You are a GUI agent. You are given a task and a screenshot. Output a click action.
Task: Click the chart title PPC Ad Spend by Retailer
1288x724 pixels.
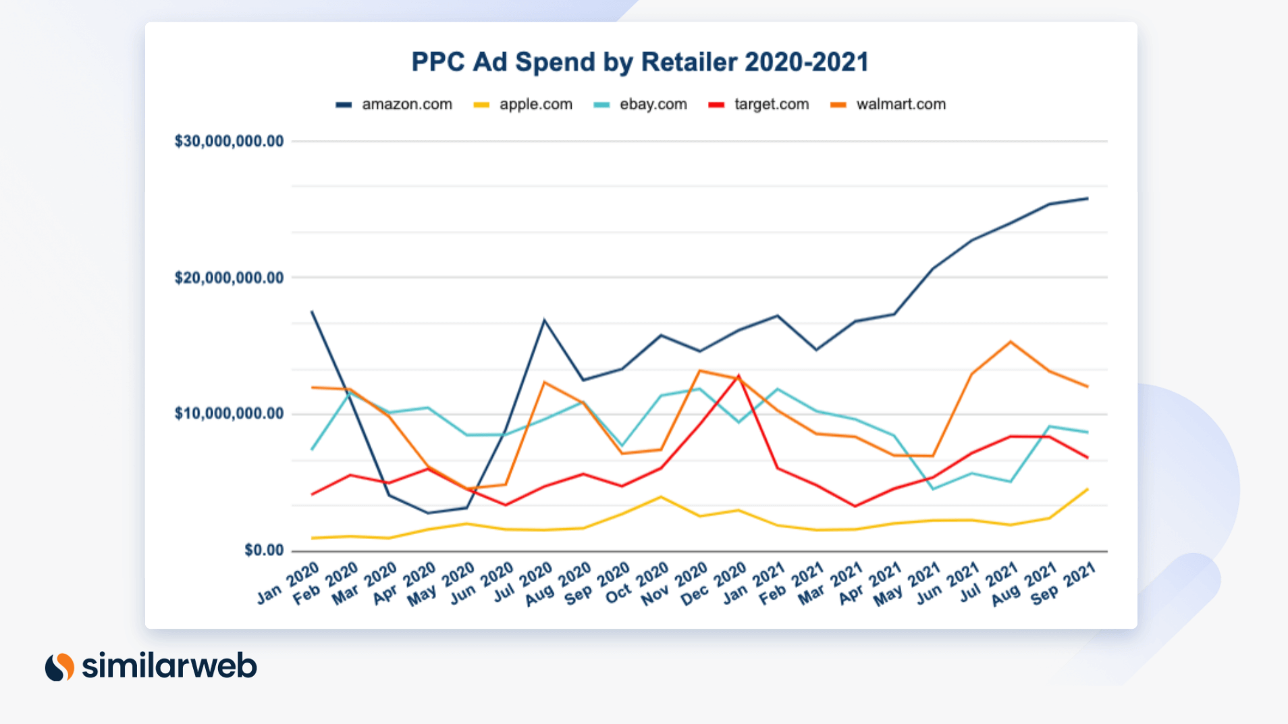pos(639,62)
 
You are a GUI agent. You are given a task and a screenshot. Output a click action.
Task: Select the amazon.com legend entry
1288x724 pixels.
pos(395,105)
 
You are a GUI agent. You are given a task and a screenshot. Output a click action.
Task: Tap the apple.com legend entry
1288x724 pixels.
pos(524,105)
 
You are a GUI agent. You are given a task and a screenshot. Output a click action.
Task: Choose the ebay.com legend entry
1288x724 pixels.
pos(641,105)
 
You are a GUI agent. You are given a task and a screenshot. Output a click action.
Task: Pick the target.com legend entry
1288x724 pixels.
pos(759,105)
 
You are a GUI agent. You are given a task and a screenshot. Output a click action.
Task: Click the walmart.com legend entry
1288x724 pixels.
pos(889,105)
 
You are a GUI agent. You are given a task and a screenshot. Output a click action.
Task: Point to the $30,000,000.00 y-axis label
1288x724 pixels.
pos(229,141)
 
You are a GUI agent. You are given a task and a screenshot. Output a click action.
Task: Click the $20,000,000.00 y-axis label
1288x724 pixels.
pos(229,278)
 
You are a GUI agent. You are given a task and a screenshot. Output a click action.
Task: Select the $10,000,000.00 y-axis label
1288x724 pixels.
pos(229,413)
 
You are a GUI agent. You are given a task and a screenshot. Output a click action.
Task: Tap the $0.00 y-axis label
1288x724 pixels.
pos(264,550)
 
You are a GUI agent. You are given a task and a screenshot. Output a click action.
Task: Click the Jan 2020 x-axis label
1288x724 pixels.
pos(288,583)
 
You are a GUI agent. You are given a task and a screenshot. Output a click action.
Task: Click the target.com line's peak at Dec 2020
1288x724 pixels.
pos(739,376)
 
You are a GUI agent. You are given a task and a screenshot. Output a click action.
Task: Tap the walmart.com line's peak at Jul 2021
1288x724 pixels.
pos(1011,342)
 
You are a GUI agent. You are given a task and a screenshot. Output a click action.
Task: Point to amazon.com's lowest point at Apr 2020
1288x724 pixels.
pos(427,513)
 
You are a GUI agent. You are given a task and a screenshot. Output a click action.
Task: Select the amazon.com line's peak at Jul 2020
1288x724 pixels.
pos(544,320)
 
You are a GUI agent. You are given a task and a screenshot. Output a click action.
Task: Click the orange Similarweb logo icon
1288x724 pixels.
pos(59,667)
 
